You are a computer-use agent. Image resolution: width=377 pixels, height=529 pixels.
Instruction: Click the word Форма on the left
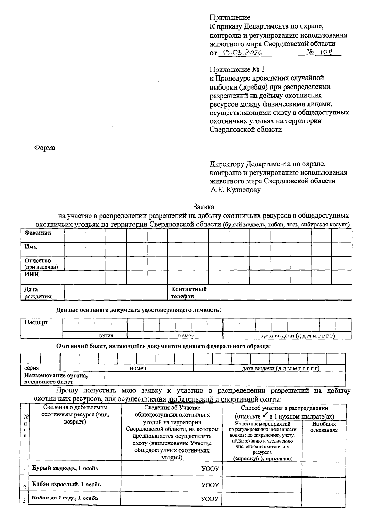(x=45, y=148)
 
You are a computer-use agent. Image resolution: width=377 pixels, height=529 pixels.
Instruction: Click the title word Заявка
(x=204, y=207)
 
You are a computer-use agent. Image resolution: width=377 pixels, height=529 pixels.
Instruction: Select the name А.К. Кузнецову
(x=236, y=190)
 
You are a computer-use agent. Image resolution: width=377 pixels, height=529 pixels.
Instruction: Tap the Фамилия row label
(x=37, y=233)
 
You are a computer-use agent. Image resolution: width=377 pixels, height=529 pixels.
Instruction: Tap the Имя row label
(x=31, y=247)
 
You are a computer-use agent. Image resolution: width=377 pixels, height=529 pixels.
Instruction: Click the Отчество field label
(x=38, y=261)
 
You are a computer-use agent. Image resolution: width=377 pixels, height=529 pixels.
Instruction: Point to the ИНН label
(x=32, y=275)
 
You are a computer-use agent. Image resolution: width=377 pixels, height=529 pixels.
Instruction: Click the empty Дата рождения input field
(x=116, y=292)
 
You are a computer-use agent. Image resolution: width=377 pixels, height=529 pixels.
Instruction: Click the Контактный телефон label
(x=188, y=292)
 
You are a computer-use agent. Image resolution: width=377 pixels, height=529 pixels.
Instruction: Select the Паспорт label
(x=36, y=322)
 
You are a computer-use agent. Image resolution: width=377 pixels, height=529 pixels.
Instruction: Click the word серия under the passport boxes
(x=106, y=336)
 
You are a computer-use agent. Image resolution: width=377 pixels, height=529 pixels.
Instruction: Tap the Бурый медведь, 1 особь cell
(x=65, y=468)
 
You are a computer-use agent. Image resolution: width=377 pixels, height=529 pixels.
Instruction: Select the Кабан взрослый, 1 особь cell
(x=67, y=484)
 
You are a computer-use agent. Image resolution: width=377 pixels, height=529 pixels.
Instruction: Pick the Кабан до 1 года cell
(x=65, y=498)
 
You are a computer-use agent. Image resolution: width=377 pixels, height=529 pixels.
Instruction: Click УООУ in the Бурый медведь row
(x=210, y=469)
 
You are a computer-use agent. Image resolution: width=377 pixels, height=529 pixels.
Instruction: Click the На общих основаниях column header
(x=324, y=427)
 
